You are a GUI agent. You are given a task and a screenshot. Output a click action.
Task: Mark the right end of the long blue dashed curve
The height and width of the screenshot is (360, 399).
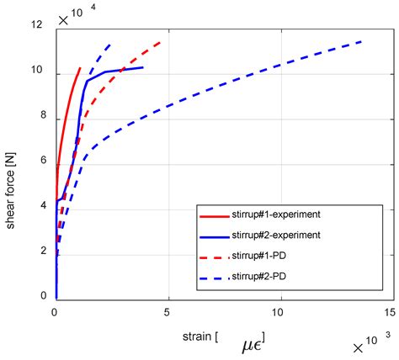point(363,41)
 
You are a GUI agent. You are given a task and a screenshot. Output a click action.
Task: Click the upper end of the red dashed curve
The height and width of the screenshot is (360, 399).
point(160,41)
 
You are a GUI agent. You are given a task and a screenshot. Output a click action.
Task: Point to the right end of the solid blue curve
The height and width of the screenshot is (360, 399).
point(143,67)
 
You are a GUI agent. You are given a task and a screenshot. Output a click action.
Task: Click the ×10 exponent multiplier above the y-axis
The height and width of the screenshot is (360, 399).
point(71,16)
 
